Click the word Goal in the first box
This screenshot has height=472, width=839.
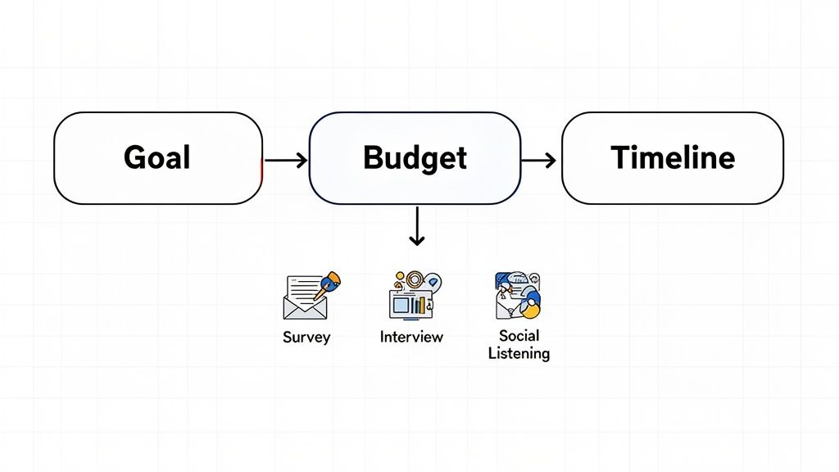tap(156, 157)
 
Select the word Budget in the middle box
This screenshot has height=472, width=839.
tap(415, 157)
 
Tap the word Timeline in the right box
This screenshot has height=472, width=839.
tap(673, 157)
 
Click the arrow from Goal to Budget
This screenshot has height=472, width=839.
tap(286, 160)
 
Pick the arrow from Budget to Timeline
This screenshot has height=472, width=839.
tap(539, 160)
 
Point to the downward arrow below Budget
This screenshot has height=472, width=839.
tap(417, 226)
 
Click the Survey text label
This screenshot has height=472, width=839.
tap(306, 338)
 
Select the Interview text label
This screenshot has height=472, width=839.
tap(411, 337)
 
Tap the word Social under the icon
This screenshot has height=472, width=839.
tap(519, 335)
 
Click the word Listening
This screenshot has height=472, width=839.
tap(519, 354)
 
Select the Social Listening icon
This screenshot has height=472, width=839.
tap(518, 296)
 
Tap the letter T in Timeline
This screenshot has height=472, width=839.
tap(620, 157)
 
